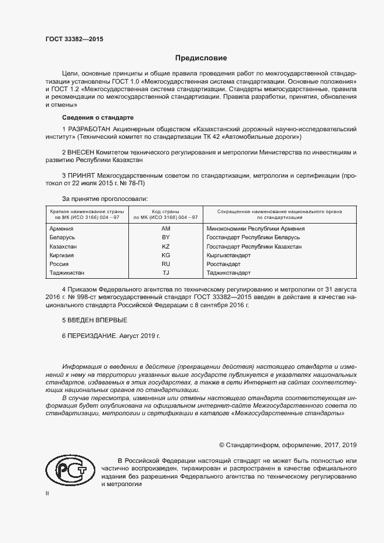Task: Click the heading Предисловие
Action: point(202,58)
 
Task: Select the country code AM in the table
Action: point(166,229)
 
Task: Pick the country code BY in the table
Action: point(166,238)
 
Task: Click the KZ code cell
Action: point(166,246)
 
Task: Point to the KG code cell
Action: point(166,255)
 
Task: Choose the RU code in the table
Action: point(166,264)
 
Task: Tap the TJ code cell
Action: point(166,272)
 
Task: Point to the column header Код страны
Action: point(165,212)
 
